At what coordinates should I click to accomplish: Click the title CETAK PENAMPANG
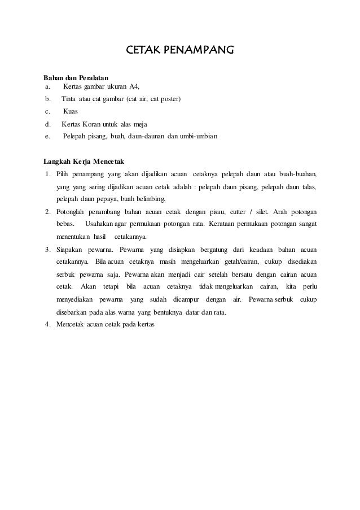coord(179,52)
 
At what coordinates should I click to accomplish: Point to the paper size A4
coord(133,86)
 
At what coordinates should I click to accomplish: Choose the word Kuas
coord(71,111)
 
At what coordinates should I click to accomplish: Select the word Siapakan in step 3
coord(69,249)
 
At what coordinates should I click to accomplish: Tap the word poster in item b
coord(169,99)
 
